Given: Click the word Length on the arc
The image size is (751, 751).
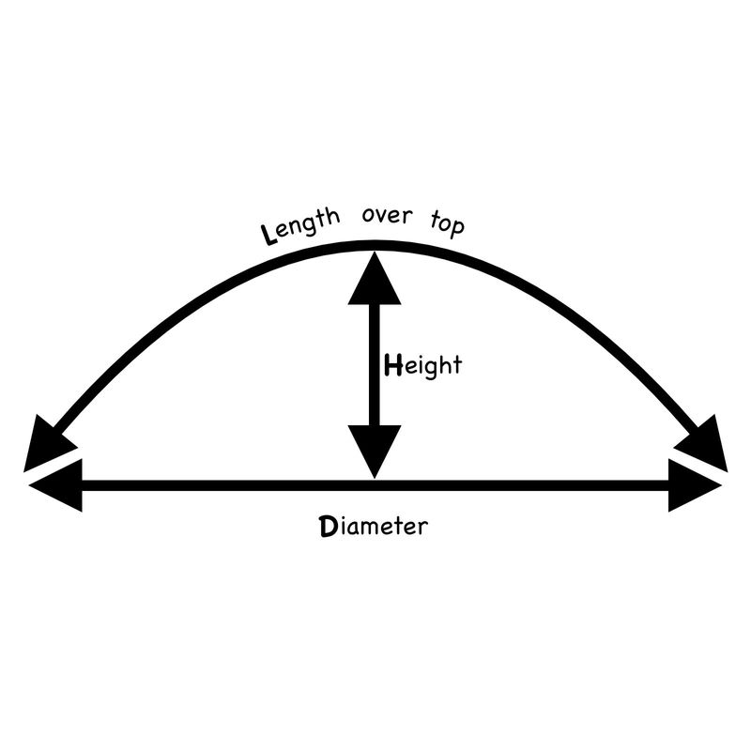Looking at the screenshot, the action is [x=300, y=226].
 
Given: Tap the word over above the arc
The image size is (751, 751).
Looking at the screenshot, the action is [x=387, y=215].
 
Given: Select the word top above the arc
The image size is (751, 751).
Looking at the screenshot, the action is [x=448, y=223].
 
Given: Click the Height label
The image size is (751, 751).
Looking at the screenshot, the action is [x=423, y=365].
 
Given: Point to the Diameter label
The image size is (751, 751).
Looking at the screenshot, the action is [x=374, y=526].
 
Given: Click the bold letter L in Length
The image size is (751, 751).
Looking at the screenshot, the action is [x=268, y=235].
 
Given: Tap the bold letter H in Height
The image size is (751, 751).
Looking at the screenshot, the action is [x=393, y=365].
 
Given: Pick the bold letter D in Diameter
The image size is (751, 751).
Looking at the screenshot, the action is [x=329, y=526].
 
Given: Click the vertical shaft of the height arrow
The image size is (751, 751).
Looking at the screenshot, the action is [x=375, y=365].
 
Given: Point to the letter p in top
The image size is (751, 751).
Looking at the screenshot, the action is [x=456, y=228].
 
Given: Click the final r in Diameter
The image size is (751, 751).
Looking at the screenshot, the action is [x=421, y=528].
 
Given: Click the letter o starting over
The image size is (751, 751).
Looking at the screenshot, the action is [x=368, y=215].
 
